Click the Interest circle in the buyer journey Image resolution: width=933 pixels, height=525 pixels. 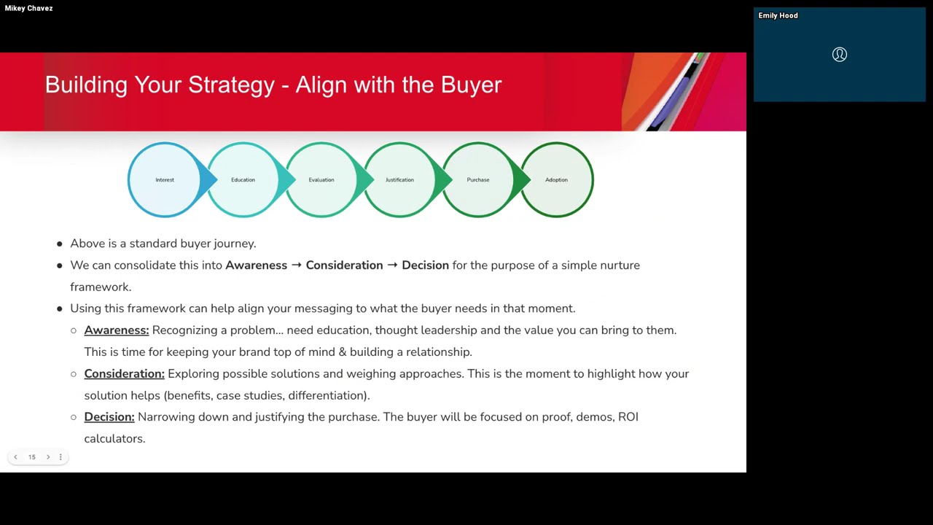[x=164, y=179]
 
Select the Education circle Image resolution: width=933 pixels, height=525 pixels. [x=243, y=179]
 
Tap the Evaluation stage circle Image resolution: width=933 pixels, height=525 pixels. [x=321, y=179]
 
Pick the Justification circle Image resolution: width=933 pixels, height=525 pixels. [x=399, y=179]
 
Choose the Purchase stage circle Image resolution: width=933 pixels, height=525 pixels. [x=477, y=179]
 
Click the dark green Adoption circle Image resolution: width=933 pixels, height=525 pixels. [x=557, y=179]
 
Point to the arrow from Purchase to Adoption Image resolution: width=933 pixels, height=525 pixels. [x=522, y=179]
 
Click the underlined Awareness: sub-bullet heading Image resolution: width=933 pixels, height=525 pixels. [x=116, y=330]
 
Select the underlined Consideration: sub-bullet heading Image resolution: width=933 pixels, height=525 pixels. [x=124, y=373]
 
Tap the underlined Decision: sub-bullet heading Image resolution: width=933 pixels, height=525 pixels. [x=109, y=417]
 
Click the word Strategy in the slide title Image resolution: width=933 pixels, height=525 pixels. [x=231, y=85]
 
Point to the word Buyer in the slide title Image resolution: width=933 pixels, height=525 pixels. [x=471, y=85]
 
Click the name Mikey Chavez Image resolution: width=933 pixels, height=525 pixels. [x=28, y=9]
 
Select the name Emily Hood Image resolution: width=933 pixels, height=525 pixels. [x=778, y=15]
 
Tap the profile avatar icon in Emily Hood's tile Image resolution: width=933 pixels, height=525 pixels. [x=839, y=55]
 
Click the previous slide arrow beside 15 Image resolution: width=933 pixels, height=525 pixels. [x=15, y=457]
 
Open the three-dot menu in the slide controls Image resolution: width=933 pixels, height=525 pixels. [x=60, y=457]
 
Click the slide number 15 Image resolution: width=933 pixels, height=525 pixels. [x=32, y=457]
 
